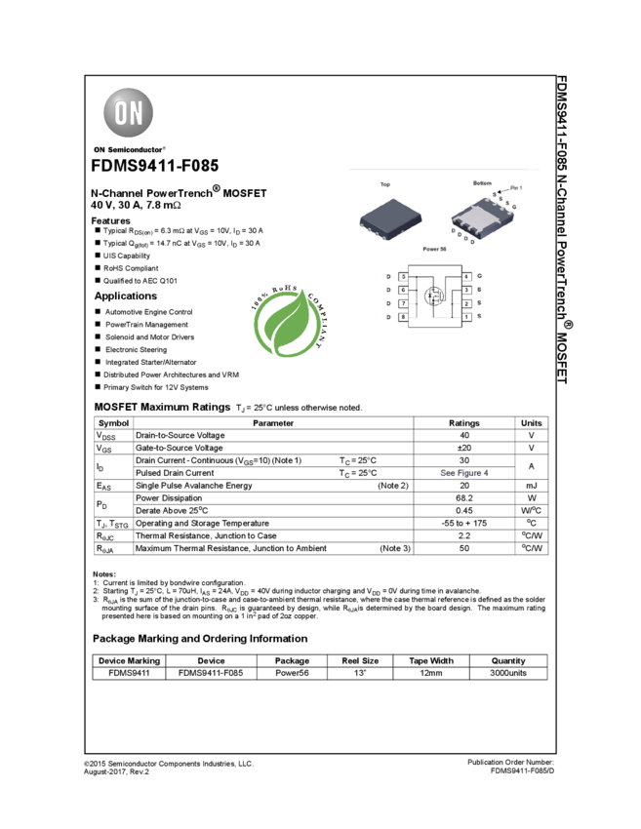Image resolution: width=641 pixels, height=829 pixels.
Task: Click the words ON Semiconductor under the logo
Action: (x=130, y=150)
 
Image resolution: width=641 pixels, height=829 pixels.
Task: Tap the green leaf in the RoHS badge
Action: (x=287, y=326)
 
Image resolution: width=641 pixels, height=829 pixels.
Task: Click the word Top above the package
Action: (x=385, y=184)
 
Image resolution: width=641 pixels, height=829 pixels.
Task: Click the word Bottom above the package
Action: (x=482, y=183)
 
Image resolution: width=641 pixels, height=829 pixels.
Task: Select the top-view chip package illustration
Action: (x=387, y=217)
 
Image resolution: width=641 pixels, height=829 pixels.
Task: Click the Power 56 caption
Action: (x=435, y=250)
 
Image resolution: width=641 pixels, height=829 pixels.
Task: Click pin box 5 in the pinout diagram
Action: (x=403, y=277)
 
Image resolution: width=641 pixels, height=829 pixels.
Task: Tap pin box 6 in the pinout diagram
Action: (x=403, y=291)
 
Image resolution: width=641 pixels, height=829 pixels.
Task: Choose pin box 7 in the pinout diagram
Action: (x=403, y=304)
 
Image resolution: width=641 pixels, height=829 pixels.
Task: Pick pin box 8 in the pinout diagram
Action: (x=403, y=318)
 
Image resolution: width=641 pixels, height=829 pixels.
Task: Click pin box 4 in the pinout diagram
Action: (x=466, y=277)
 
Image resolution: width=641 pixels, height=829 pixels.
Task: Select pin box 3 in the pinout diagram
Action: (x=466, y=291)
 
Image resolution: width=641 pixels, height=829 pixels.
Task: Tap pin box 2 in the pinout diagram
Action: (x=466, y=304)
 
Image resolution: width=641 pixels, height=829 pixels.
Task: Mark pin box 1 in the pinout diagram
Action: (x=466, y=318)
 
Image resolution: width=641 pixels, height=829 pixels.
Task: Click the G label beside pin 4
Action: (x=480, y=277)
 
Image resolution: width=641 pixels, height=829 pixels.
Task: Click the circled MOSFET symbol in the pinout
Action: (x=434, y=296)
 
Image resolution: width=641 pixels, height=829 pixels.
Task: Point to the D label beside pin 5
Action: (x=388, y=277)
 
